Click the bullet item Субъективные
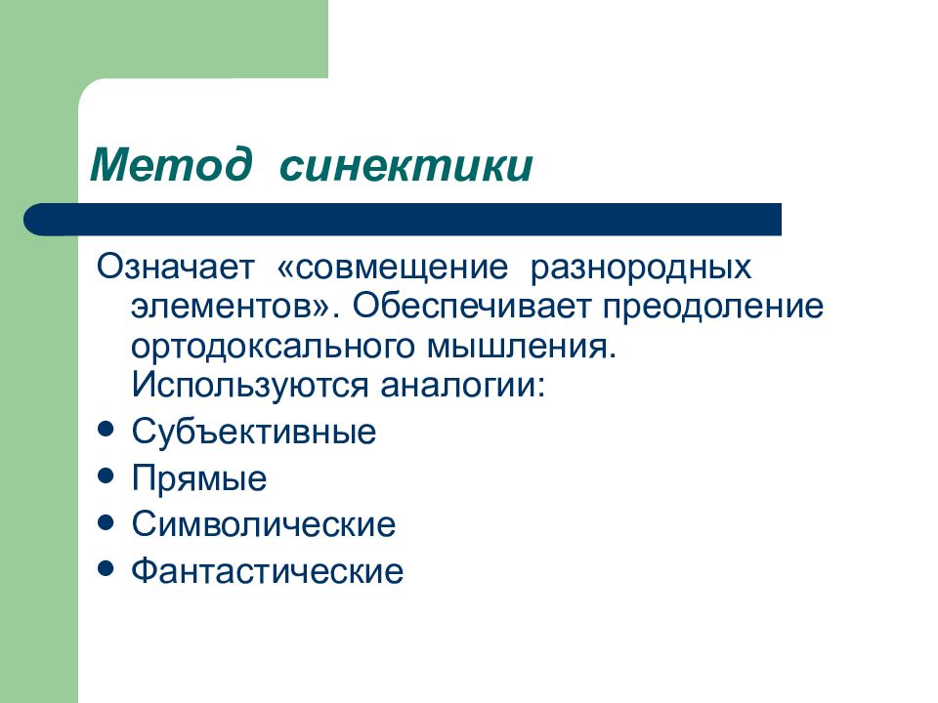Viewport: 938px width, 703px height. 253,432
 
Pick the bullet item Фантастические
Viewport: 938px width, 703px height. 267,570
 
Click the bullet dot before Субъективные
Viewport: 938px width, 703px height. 107,430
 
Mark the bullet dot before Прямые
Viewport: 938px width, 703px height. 107,476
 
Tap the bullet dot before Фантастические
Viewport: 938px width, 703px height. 107,567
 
